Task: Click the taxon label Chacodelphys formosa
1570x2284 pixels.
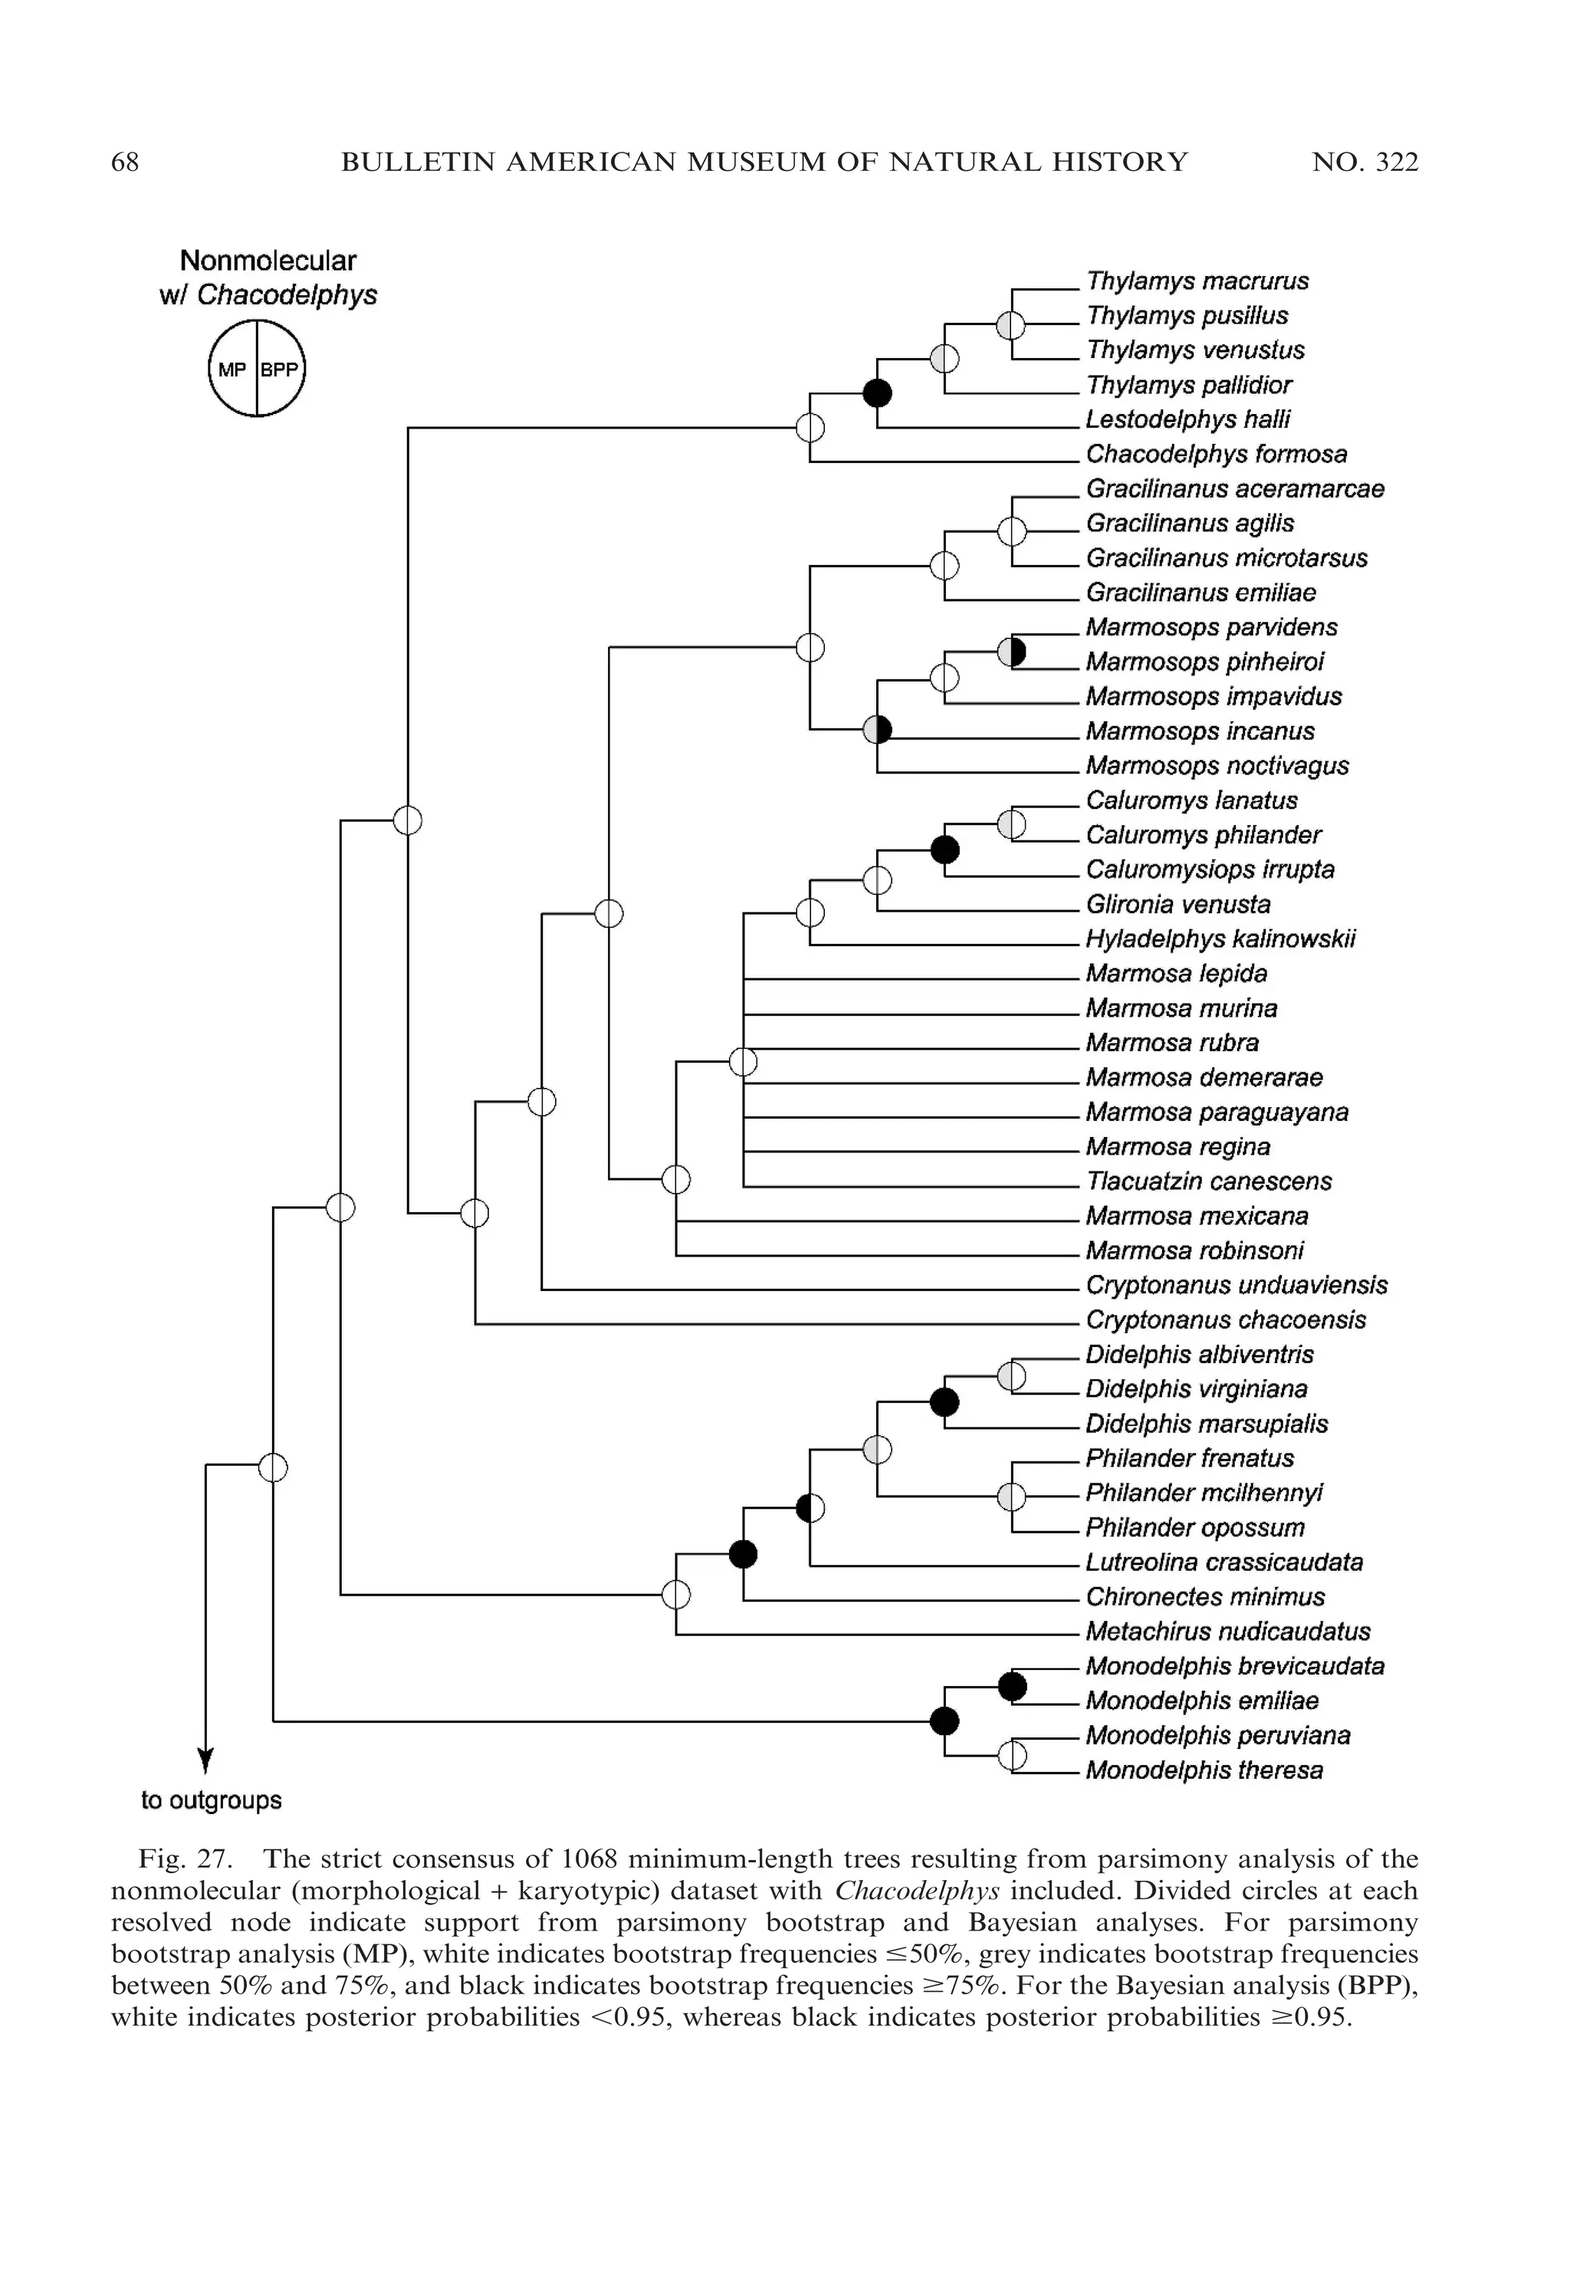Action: pos(1216,455)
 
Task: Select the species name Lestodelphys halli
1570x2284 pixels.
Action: pos(1187,420)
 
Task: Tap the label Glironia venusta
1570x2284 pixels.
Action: pos(1177,905)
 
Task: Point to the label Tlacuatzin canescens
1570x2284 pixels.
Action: pos(1208,1181)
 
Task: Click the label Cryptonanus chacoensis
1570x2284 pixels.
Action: pos(1226,1320)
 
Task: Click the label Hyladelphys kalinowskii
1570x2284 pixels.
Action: pos(1220,939)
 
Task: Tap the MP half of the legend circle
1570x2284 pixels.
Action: pos(232,370)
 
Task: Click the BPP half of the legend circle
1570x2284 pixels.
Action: pos(281,370)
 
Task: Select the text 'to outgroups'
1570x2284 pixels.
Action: pos(212,1801)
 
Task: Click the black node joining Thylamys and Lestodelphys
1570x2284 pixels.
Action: pos(878,393)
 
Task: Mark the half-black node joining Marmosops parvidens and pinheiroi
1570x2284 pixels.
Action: pos(1011,651)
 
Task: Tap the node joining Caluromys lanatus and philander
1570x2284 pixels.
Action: pos(1011,824)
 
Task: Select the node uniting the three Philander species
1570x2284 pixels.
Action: pos(1011,1497)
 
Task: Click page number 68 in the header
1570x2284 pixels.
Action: pos(125,163)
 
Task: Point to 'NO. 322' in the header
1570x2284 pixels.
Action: pos(1365,163)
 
